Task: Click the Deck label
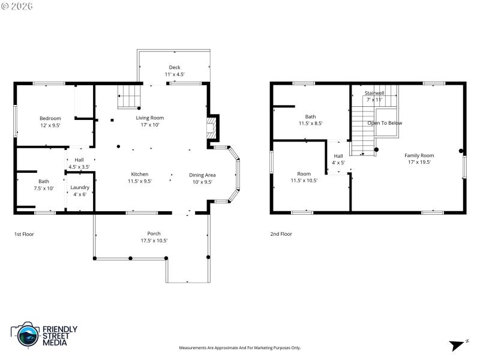tap(174, 67)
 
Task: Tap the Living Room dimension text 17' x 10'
tap(149, 125)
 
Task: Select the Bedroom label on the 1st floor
tap(50, 118)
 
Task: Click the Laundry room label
tap(80, 187)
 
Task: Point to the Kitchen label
tap(140, 174)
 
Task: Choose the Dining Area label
tap(202, 175)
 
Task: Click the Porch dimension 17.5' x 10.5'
tap(150, 241)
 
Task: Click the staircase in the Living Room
tap(128, 97)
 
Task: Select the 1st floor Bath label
tap(44, 181)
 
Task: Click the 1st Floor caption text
tap(25, 234)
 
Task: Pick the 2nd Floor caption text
tap(281, 234)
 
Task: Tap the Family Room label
tap(419, 155)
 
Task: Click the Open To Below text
tap(385, 123)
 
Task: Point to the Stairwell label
tap(374, 93)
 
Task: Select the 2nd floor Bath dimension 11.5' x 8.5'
tap(311, 124)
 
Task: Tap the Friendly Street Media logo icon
tap(25, 335)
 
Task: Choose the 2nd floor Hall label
tap(338, 155)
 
